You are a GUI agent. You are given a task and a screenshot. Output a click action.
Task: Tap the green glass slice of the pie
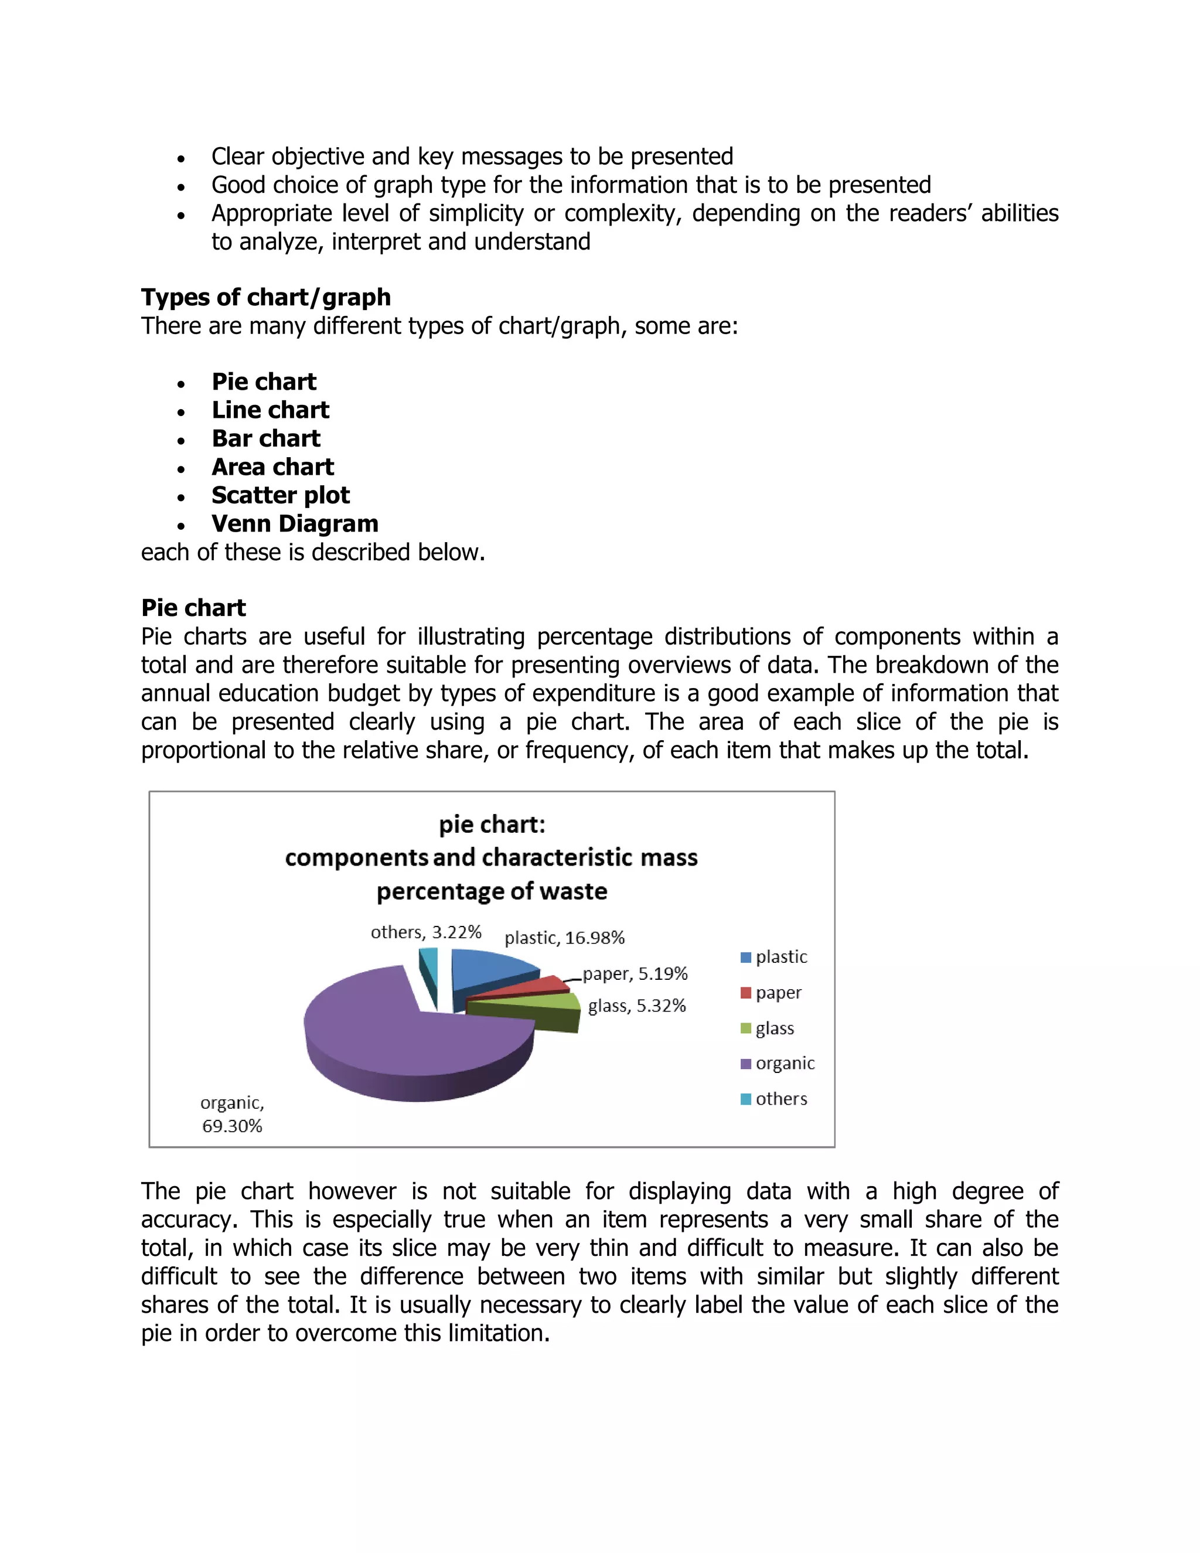(x=540, y=1003)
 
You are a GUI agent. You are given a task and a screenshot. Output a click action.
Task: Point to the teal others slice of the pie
(x=429, y=960)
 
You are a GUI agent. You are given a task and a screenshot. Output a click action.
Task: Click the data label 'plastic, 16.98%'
(x=564, y=938)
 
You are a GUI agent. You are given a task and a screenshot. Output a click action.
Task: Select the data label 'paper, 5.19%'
(x=635, y=973)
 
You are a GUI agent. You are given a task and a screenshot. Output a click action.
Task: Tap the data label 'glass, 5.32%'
(x=637, y=1006)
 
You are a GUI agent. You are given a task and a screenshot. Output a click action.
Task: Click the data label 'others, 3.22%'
(x=426, y=932)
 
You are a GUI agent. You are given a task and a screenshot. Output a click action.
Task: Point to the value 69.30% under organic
(x=232, y=1126)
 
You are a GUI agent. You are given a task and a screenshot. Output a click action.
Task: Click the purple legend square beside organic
(x=746, y=1064)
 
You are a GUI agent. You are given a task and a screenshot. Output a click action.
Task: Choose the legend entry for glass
(x=774, y=1028)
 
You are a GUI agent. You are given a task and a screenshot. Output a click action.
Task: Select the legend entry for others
(x=780, y=1099)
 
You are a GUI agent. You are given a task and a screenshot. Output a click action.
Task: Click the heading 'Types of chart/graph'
(x=266, y=297)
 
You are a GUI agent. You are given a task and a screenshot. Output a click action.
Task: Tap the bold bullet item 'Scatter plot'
(x=280, y=495)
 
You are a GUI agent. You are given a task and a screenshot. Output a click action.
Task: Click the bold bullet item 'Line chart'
(x=270, y=410)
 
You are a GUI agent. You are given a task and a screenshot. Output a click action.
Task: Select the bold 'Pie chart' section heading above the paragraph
(x=193, y=608)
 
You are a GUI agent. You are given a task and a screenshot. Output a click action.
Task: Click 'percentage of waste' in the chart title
(x=492, y=891)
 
